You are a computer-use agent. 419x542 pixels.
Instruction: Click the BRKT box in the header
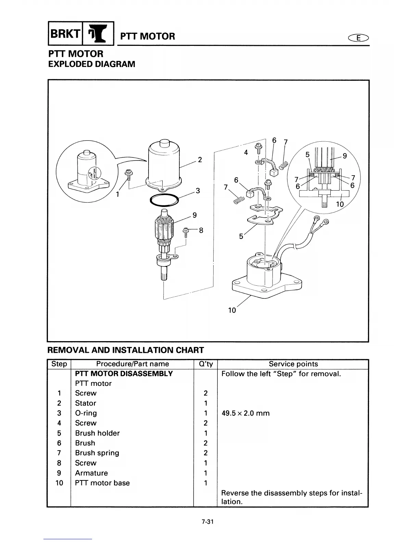65,34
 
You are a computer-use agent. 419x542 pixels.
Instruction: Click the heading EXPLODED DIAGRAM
91,64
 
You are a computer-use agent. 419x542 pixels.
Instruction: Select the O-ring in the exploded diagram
164,200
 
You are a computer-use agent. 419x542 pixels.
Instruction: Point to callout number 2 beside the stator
200,159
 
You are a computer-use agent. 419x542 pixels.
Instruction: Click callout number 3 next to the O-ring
198,191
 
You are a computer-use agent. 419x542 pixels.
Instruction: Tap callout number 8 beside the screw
201,230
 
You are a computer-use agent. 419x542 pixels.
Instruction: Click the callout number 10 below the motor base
232,310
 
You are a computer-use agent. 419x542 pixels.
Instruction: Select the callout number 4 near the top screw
246,153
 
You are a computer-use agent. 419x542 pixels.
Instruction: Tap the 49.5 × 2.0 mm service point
245,413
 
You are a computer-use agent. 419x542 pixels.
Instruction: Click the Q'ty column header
205,364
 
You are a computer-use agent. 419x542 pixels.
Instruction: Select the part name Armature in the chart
91,473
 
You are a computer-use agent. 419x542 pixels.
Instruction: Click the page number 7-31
208,522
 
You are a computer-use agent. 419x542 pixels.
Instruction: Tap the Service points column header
293,364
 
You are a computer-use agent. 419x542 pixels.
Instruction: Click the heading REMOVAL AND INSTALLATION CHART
125,350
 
